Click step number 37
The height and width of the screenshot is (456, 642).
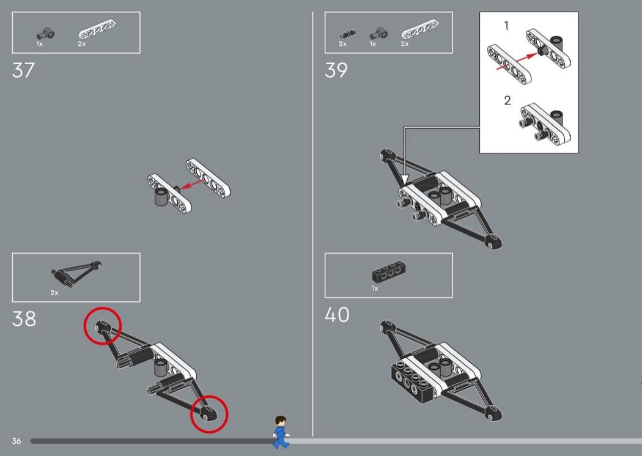[23, 70]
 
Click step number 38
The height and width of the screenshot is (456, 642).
[24, 319]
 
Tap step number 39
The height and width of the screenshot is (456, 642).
[336, 70]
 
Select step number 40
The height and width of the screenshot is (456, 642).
[337, 315]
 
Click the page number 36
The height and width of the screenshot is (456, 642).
[17, 441]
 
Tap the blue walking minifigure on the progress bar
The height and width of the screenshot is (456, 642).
[281, 432]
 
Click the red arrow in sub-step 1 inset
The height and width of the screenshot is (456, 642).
[517, 61]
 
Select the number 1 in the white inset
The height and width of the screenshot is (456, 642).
[506, 26]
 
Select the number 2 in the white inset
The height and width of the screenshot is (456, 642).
[507, 101]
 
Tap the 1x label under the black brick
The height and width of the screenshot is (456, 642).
[375, 289]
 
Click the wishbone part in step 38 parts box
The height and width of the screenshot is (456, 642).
[76, 272]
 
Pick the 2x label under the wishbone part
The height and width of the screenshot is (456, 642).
[54, 293]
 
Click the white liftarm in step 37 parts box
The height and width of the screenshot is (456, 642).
[97, 30]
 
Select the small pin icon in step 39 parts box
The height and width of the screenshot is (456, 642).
[348, 34]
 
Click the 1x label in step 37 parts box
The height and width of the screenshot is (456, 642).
[40, 44]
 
